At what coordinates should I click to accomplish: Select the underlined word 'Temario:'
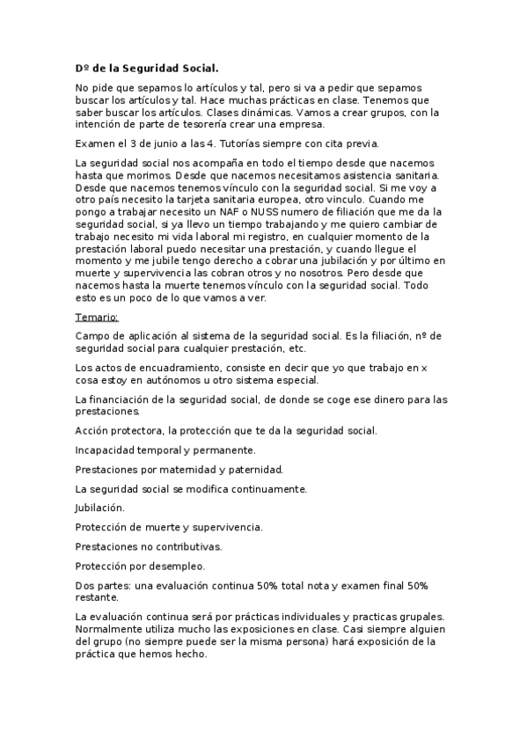(x=97, y=317)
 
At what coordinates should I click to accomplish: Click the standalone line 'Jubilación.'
(x=100, y=508)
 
